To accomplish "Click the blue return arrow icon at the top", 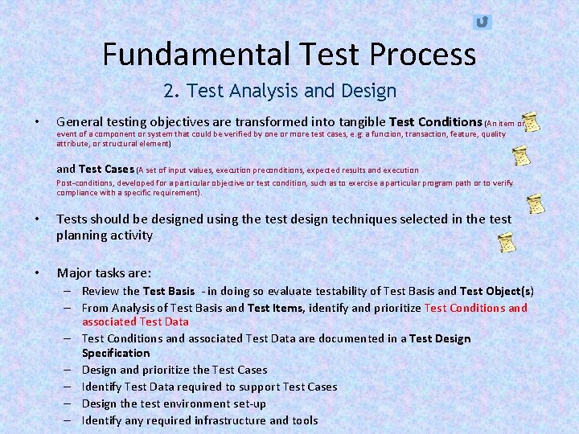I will (482, 22).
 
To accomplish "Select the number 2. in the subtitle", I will (171, 91).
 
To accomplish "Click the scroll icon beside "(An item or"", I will (531, 123).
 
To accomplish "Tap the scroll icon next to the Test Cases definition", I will (523, 155).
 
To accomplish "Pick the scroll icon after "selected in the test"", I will (535, 203).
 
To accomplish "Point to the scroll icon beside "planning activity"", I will (505, 241).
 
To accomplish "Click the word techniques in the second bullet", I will (356, 219).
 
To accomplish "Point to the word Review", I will (100, 291).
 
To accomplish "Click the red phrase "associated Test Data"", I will (135, 321).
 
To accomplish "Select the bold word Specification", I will (116, 353).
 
